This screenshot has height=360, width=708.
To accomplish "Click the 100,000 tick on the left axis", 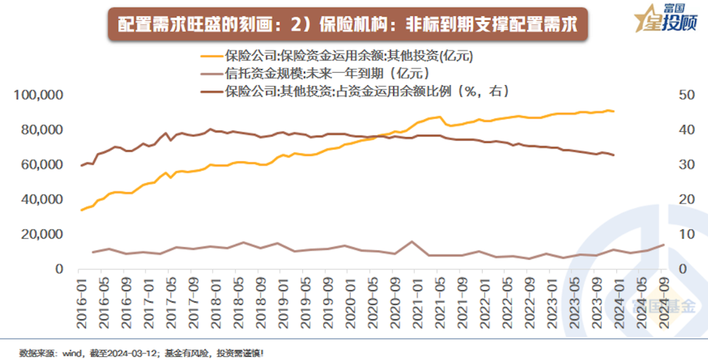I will tap(39, 96).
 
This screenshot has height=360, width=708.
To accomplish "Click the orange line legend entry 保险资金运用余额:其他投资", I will tap(347, 56).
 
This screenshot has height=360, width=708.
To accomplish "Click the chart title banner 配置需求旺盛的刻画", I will tap(346, 25).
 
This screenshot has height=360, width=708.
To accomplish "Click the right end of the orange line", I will tap(614, 111).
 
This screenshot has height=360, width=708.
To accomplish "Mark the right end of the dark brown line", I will tap(614, 155).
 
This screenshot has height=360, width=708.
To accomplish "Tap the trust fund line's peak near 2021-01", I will tap(412, 241).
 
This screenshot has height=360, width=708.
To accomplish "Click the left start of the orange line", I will tap(81, 210).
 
